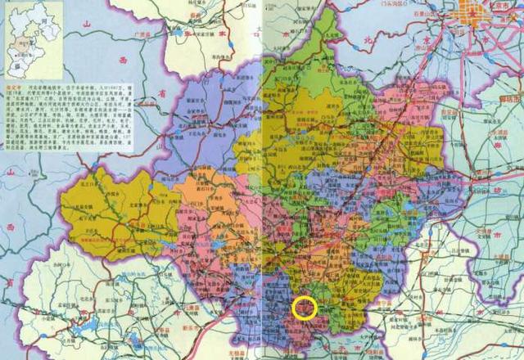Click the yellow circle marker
click(305, 308)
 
